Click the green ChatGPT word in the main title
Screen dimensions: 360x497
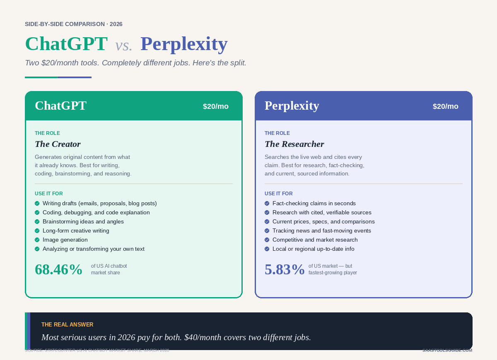66,44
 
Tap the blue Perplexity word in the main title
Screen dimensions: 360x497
184,44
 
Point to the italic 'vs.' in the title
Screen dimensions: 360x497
124,46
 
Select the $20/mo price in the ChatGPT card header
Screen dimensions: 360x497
215,106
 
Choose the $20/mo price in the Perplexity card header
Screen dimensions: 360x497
445,106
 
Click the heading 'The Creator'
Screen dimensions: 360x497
58,144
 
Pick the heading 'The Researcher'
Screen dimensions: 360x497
294,144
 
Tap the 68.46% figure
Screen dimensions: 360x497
58,269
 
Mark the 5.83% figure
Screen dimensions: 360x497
285,269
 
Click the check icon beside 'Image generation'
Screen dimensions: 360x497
37,240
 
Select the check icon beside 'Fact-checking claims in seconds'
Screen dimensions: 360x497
267,204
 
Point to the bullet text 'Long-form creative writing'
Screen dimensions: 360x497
76,231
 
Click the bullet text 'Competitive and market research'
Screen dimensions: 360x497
315,240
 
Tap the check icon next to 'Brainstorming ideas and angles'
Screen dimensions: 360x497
37,222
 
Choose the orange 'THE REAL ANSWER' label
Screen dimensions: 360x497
67,324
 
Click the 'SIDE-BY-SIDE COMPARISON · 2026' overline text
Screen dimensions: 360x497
73,24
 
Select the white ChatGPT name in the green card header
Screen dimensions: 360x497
60,106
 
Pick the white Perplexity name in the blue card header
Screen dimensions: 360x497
292,106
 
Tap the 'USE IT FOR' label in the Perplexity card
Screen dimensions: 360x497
278,194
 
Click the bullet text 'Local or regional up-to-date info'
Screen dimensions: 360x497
313,249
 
